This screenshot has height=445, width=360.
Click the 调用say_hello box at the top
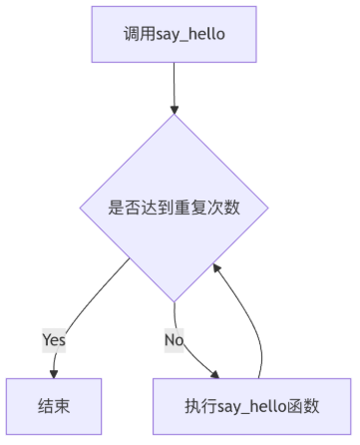point(174,34)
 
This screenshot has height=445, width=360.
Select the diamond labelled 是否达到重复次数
point(174,208)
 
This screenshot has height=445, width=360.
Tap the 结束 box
point(54,406)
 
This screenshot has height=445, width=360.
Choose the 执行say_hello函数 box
point(251,406)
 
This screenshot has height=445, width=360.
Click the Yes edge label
point(54,340)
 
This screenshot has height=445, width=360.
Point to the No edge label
point(174,340)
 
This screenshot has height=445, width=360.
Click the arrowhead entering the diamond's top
point(175,110)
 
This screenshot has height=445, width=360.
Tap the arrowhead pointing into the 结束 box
point(54,374)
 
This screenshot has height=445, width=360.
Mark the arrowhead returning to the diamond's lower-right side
point(216,268)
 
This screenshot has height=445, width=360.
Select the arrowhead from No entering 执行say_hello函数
point(215,375)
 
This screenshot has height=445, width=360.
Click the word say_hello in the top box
point(190,35)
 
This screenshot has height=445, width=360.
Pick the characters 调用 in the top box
point(140,34)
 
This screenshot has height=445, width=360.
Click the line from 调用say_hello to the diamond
point(174,85)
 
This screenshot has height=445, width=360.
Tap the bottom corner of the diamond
point(174,302)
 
